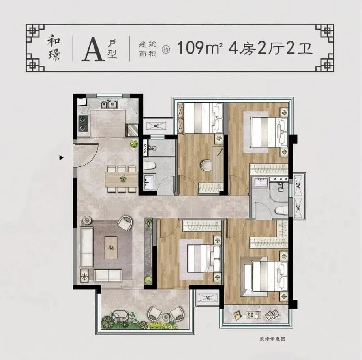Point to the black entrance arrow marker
61,158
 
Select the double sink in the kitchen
109,104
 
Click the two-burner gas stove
83,124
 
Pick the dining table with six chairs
122,179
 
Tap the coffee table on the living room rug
111,248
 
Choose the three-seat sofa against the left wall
86,247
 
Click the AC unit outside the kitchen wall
156,126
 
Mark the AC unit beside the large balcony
208,297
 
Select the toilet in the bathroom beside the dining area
150,166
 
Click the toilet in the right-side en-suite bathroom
281,210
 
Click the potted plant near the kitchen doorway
134,144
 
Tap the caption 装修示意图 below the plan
272,339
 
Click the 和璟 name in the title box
54,49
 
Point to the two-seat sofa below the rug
108,276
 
